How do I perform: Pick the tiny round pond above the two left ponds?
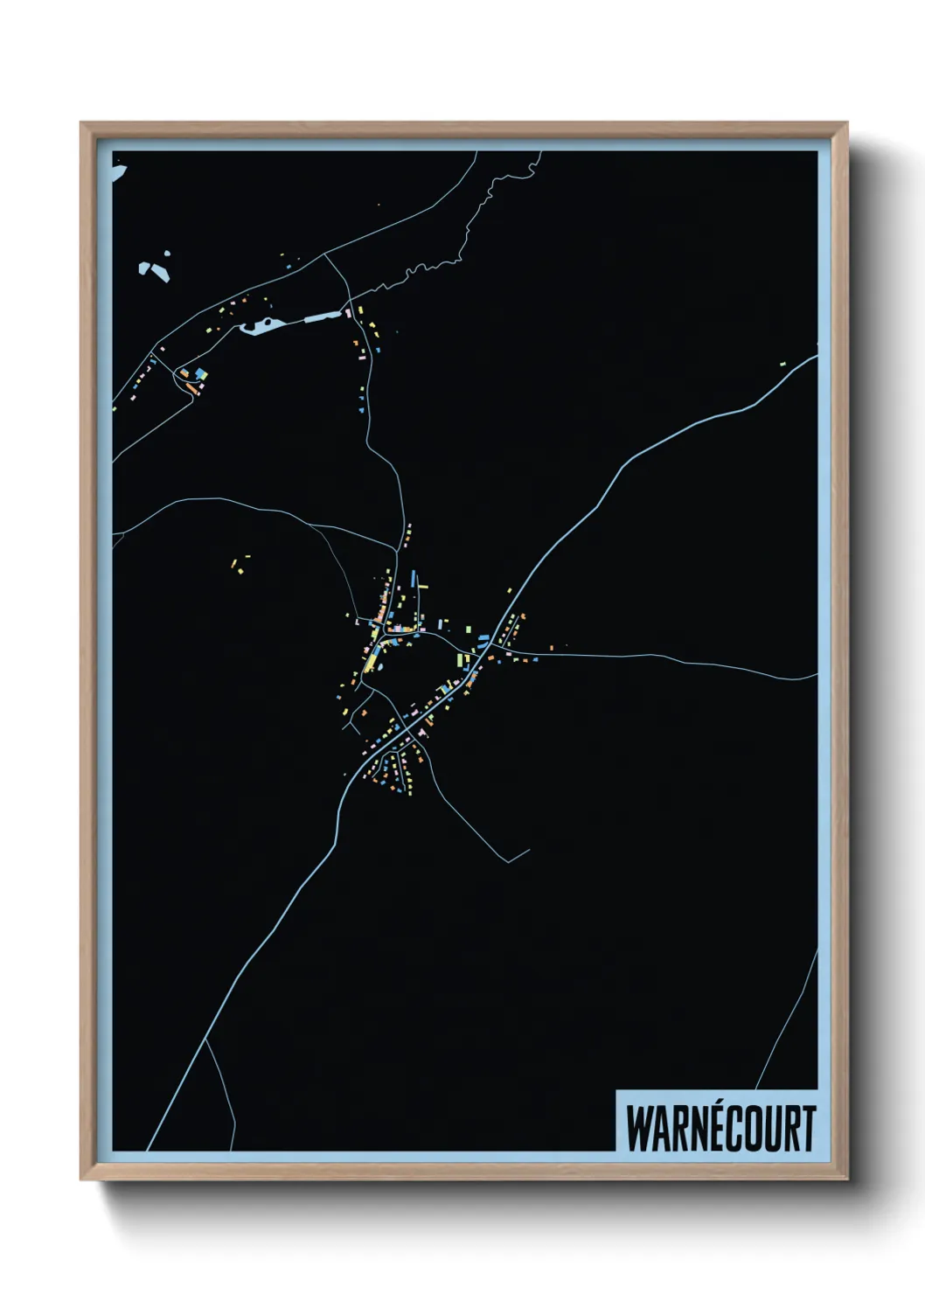pyautogui.click(x=166, y=255)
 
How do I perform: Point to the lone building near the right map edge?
pyautogui.click(x=783, y=363)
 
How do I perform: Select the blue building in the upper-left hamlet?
pyautogui.click(x=202, y=374)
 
